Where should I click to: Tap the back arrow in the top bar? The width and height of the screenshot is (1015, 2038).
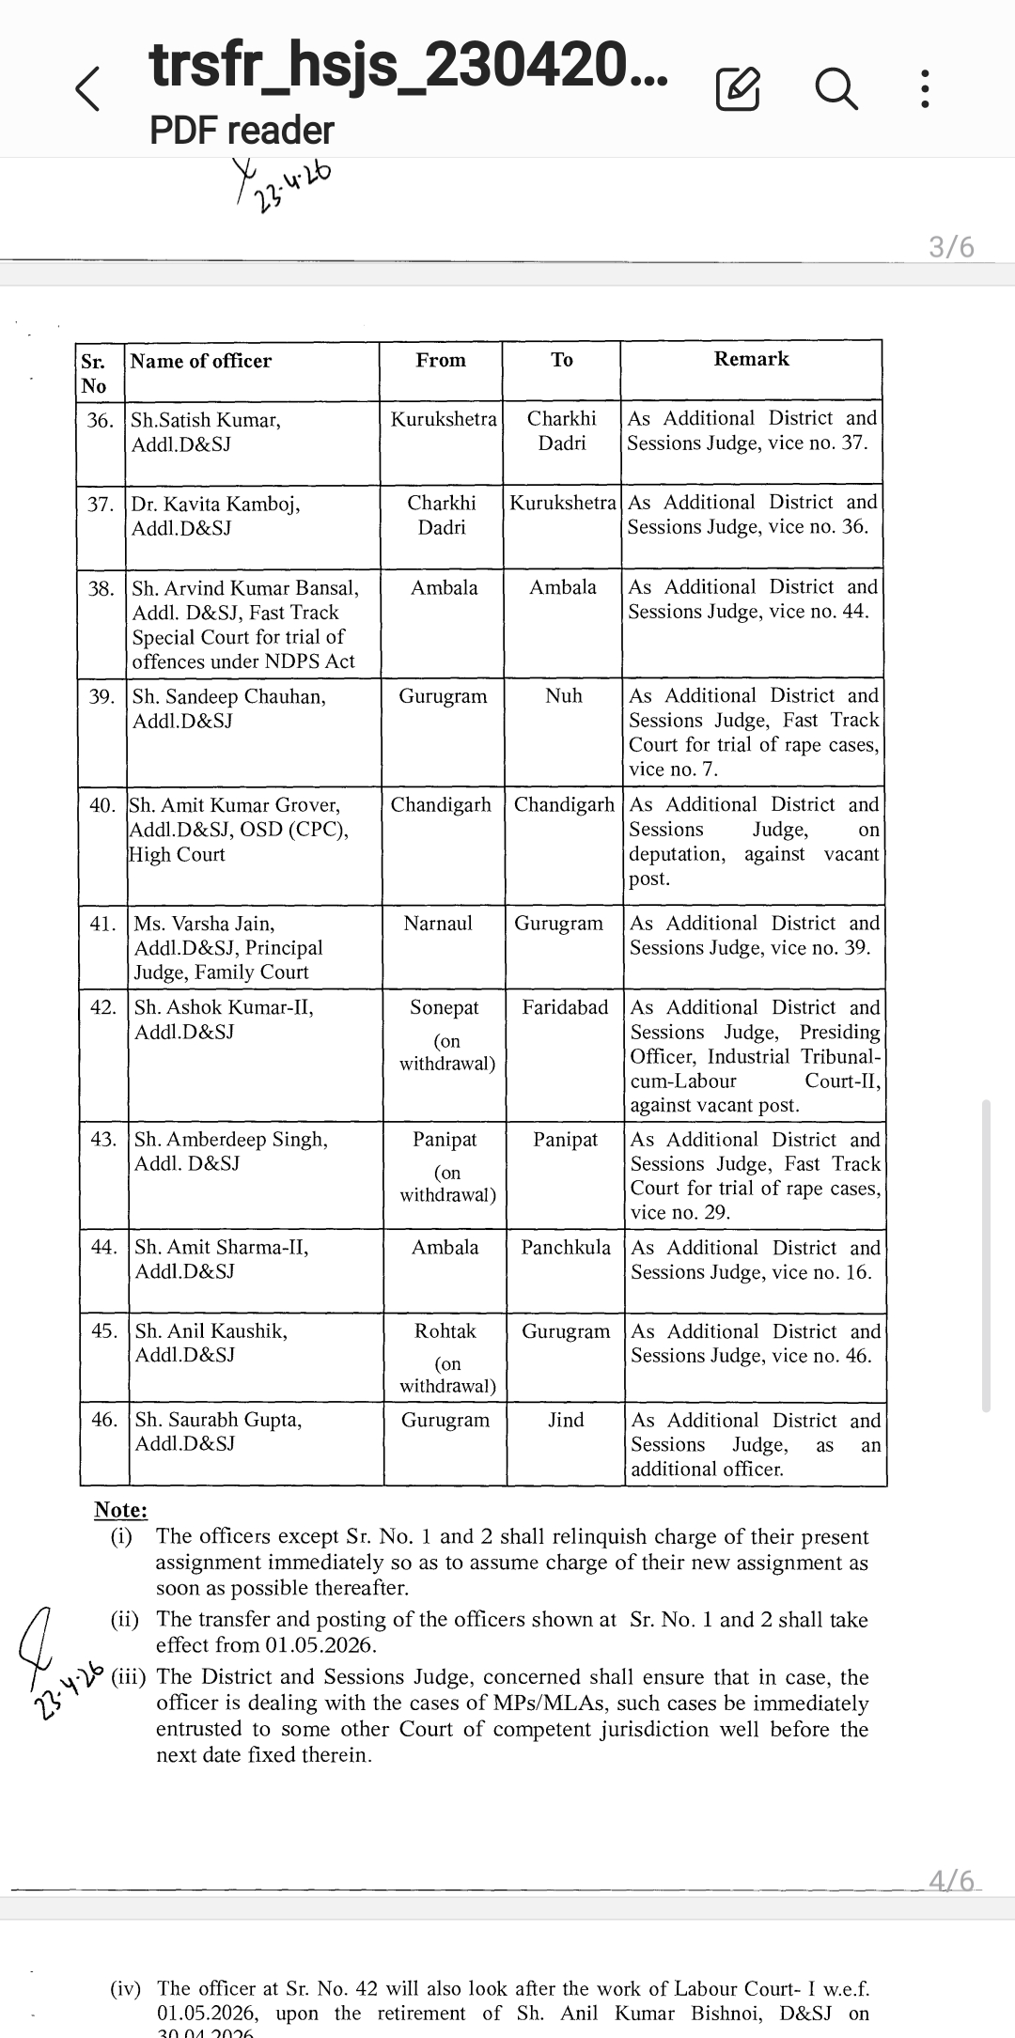coord(87,89)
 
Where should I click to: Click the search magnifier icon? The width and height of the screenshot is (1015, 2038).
coord(835,89)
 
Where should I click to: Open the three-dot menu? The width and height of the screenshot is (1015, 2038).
coord(925,89)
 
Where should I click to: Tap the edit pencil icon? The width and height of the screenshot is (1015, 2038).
coord(738,89)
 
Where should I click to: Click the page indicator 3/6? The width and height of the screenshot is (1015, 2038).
coord(951,247)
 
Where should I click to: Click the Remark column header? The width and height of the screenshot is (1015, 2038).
coord(751,359)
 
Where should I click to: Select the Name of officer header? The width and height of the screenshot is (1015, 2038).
coord(201,361)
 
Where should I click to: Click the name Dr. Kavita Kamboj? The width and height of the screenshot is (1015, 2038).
coord(215,504)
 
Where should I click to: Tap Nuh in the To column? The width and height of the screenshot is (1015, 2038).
coord(564,696)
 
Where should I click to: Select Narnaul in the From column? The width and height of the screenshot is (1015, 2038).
coord(438,924)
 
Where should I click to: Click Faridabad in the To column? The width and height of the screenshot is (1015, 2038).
coord(565,1007)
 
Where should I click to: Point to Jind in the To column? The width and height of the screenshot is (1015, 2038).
coord(566,1420)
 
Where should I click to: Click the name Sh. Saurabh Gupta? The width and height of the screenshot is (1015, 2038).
coord(218,1420)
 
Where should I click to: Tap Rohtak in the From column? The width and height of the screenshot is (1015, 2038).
coord(445,1331)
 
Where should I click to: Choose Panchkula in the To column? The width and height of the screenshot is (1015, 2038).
coord(566,1248)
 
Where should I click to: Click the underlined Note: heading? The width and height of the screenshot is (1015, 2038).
coord(120,1510)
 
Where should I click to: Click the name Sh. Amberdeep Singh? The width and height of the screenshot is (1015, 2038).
coord(231,1140)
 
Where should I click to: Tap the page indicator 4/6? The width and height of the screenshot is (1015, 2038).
coord(951,1880)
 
